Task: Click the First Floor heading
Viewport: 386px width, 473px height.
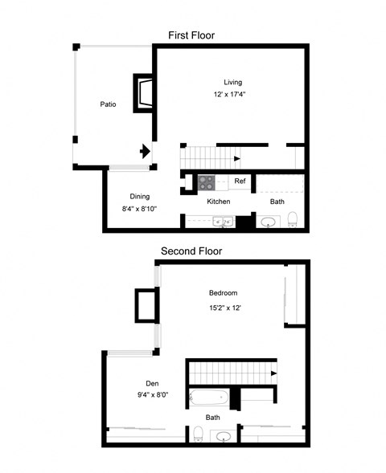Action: click(191, 35)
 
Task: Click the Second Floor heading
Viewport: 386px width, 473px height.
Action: click(191, 251)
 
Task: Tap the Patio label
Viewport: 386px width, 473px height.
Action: click(108, 104)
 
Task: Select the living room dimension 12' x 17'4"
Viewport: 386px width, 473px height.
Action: click(229, 94)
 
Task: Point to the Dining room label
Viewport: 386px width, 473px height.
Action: click(140, 197)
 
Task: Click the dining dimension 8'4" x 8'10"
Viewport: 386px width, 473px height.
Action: click(140, 209)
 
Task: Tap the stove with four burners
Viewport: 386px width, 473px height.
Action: click(207, 183)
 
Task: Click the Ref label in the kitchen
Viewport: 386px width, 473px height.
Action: click(240, 181)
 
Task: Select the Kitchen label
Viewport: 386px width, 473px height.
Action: click(219, 202)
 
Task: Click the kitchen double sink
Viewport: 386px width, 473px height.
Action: click(224, 222)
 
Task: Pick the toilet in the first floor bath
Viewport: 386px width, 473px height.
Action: click(293, 219)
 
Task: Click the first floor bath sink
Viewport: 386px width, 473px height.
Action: click(269, 222)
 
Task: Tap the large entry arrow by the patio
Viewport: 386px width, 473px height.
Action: click(145, 151)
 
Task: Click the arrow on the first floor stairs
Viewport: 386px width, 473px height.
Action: click(237, 158)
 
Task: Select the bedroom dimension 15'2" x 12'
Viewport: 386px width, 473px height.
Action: click(225, 308)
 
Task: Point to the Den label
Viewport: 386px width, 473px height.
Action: click(152, 383)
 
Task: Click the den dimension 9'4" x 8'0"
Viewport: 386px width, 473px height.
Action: click(153, 395)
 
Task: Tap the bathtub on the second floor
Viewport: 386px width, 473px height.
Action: click(209, 398)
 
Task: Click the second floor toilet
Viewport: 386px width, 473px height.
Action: click(198, 434)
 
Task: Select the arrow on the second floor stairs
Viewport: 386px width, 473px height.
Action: click(273, 373)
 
